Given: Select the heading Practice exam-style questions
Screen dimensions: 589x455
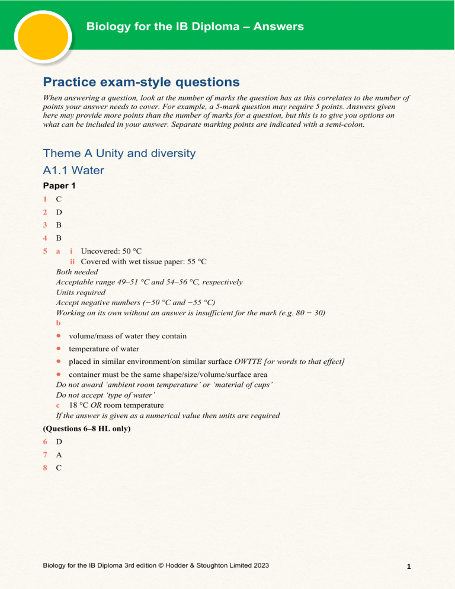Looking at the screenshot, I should point(142,82).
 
